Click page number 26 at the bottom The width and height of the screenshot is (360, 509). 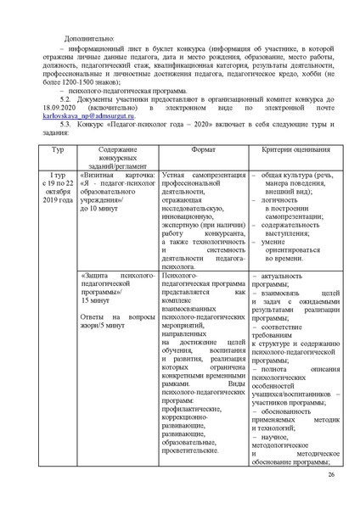point(330,485)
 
